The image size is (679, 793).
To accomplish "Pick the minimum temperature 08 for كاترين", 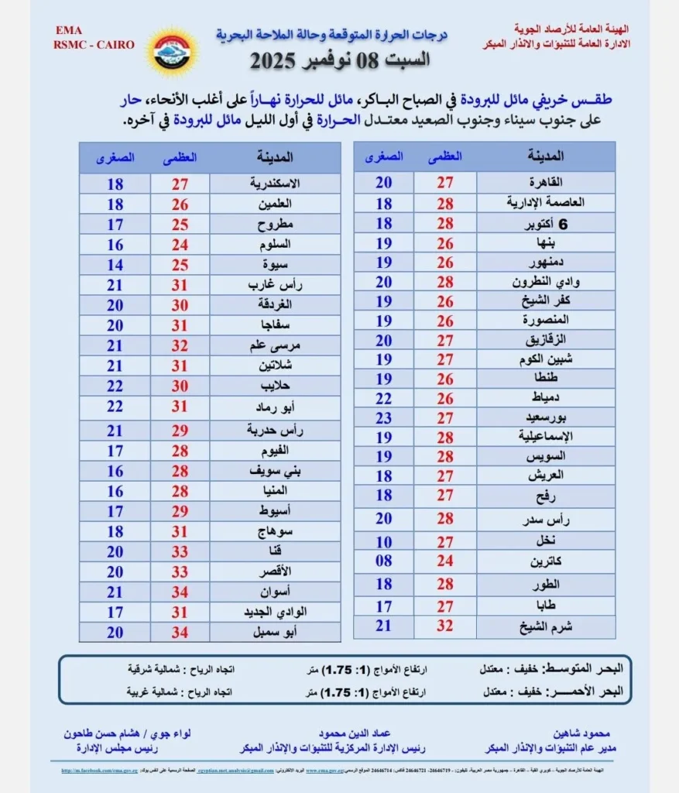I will coord(384,560).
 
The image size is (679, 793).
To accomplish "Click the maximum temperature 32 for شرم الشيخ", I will coord(445,626).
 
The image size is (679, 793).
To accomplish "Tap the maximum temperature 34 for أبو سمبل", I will coord(180,632).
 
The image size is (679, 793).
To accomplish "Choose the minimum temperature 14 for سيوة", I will coord(115,264).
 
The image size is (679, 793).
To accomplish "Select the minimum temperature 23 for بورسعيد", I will coord(384,417).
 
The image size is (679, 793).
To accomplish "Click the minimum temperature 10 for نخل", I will coord(384,542).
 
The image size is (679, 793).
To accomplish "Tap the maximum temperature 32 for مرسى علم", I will coord(180,345).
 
